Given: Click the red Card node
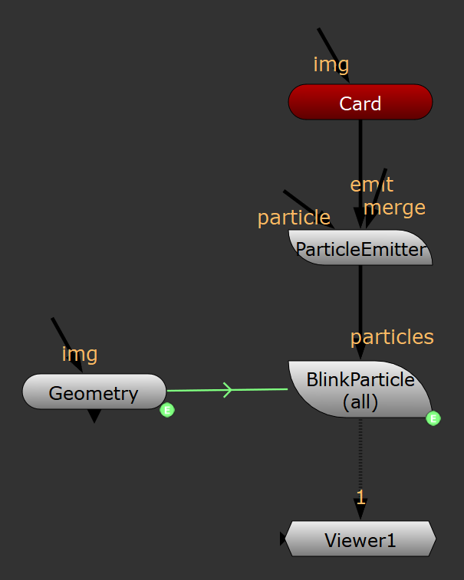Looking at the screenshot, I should point(360,103).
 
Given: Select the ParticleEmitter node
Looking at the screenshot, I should point(360,249).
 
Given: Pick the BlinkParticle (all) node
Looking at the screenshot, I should point(360,390).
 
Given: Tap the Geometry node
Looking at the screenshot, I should point(94,393).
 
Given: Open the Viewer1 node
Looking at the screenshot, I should point(360,540).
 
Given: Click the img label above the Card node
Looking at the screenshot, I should point(331,64).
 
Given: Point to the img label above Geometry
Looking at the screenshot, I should point(80,353).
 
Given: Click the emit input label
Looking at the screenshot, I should point(371,185).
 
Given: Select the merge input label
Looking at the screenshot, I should point(394,207).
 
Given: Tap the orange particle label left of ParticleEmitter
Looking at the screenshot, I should point(294,218).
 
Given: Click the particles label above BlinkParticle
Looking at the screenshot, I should point(392,336).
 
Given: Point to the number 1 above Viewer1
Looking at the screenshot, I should point(360,497).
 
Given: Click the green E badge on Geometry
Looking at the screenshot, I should point(167,411).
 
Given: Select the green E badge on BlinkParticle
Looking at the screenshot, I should point(433,418).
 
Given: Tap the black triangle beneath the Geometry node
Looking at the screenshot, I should point(94,416).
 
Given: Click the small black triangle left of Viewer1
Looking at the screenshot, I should point(283,539).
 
